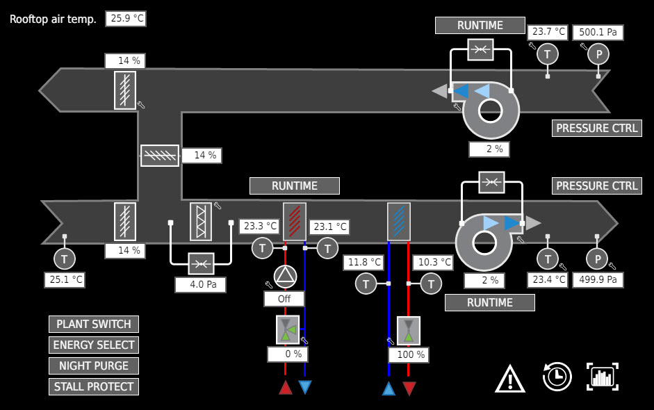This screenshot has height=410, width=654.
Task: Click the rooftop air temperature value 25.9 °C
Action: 126,19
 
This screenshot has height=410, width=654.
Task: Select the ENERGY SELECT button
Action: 94,345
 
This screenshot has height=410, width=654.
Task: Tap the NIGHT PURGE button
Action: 94,366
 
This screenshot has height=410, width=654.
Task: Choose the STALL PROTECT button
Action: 94,386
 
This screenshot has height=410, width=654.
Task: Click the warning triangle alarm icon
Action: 510,379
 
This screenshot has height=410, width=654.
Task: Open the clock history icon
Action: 557,377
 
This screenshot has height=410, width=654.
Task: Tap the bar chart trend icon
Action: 603,377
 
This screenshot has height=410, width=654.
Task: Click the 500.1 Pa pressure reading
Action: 598,32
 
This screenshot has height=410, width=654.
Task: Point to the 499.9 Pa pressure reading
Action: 597,279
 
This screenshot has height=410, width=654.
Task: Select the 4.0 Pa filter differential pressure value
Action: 200,284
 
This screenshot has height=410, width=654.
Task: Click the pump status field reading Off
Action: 284,299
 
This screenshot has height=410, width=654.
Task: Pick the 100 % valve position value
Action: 411,354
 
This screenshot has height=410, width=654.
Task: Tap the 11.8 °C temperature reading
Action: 364,263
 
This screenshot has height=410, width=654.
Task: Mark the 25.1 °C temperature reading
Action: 65,280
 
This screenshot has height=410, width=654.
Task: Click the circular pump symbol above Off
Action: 284,277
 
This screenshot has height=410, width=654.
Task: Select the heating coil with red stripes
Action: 295,221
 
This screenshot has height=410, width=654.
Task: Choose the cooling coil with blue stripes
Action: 399,221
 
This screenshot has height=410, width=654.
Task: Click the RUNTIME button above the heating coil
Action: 295,186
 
